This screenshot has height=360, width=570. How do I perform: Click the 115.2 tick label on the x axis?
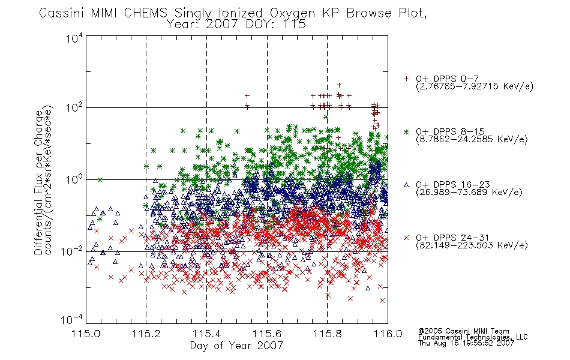tap(146, 334)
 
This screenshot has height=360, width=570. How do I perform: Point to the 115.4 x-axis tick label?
tap(206, 334)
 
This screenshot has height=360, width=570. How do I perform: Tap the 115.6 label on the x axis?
tap(267, 334)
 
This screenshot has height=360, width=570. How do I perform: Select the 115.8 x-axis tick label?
tap(327, 334)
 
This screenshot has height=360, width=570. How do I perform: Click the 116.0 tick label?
tap(388, 334)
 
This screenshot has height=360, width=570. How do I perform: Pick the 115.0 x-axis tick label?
tap(86, 334)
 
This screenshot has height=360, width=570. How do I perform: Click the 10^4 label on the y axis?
tap(74, 38)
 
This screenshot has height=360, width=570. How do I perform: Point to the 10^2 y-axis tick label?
tap(74, 108)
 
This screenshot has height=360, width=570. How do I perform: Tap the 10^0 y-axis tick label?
tap(74, 179)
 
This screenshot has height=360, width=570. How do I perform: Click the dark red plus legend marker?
tap(406, 79)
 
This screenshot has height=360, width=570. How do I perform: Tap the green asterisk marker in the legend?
tap(406, 131)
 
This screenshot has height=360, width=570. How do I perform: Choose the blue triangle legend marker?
tap(406, 185)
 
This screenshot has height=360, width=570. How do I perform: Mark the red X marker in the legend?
tap(406, 238)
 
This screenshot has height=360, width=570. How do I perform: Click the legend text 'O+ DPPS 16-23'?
tap(453, 185)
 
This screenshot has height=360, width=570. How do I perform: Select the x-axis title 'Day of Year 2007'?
tap(236, 346)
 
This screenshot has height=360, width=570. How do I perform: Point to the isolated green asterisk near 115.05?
tap(100, 179)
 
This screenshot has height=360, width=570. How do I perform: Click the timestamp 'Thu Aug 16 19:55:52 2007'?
tap(466, 343)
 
